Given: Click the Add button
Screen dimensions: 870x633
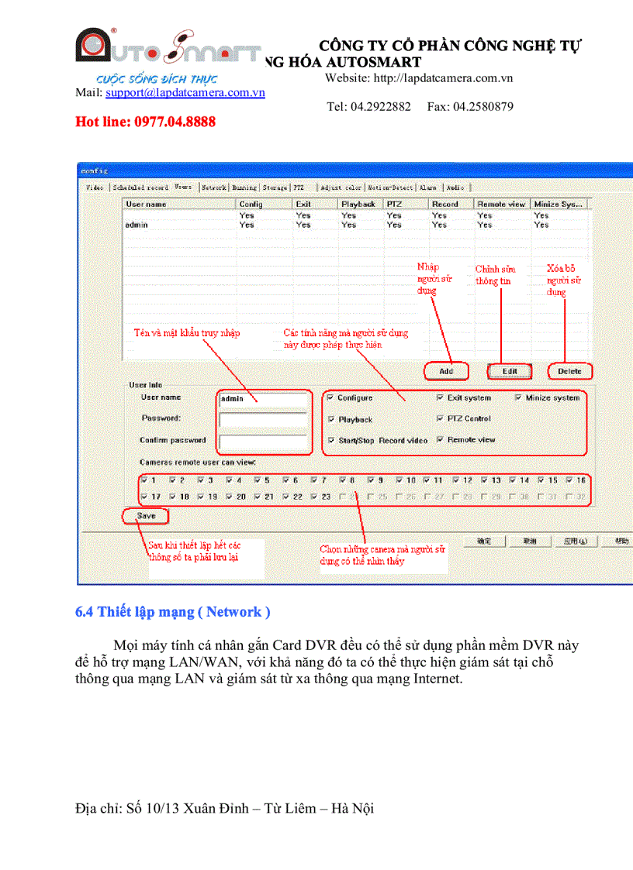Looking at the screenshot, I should tap(446, 371).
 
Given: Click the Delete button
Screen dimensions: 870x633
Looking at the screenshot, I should tap(569, 371).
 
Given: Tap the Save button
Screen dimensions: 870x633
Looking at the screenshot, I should tap(146, 515).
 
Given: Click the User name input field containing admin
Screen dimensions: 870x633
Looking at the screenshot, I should tap(265, 398).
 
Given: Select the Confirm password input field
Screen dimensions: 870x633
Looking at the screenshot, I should tap(265, 442).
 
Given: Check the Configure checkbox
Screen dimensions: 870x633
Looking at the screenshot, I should tap(331, 397).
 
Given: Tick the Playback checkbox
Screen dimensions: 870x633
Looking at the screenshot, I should tap(331, 419).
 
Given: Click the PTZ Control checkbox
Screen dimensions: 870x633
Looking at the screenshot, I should tap(441, 418).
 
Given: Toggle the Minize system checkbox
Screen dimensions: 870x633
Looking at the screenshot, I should tap(518, 397).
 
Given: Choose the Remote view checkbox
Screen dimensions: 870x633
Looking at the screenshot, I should tap(441, 439).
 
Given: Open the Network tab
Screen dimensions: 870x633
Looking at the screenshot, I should tap(214, 187).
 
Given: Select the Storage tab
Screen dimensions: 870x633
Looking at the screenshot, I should tap(275, 187).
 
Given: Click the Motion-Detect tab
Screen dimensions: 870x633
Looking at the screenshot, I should tap(390, 187).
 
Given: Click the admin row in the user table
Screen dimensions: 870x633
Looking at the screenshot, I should tap(137, 225).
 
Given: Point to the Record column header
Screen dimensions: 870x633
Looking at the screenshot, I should tap(445, 205).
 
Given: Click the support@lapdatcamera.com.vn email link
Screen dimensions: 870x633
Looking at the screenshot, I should tap(185, 92).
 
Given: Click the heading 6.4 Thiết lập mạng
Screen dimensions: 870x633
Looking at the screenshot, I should tap(172, 612).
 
